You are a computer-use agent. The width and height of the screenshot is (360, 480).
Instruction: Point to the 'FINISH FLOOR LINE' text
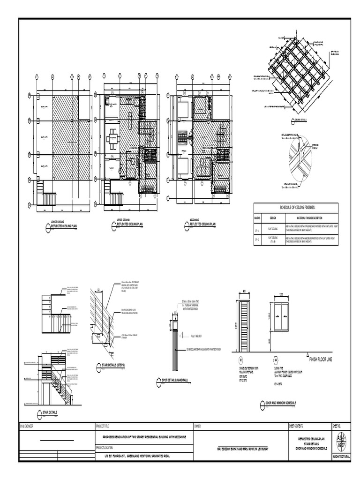pos(323,359)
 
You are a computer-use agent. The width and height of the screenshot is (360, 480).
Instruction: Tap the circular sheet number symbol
pos(341,440)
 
